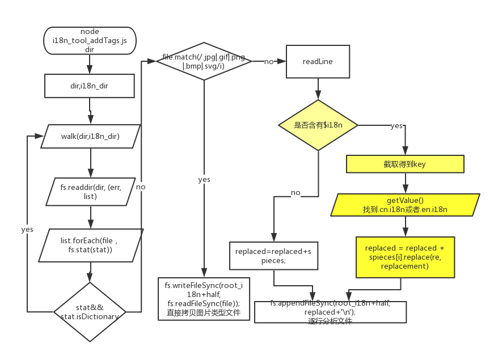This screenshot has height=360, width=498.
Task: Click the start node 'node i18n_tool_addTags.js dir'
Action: click(x=90, y=40)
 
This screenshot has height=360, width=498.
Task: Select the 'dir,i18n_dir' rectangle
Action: click(x=90, y=87)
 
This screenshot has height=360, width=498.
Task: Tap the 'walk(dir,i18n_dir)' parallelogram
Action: click(x=90, y=136)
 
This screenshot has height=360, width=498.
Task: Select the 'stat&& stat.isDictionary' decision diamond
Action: click(x=90, y=312)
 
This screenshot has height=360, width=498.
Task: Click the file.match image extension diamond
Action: click(x=203, y=61)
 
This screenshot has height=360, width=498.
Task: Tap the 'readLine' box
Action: click(x=318, y=61)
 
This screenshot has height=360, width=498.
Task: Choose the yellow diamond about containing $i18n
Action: click(x=318, y=125)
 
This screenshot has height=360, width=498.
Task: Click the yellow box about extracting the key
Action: click(x=405, y=164)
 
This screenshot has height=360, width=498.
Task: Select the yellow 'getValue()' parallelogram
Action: click(x=405, y=205)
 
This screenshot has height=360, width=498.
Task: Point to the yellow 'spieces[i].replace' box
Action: click(x=405, y=257)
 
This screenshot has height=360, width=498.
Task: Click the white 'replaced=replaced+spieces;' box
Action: click(x=275, y=256)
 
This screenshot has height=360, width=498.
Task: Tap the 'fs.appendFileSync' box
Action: click(x=330, y=312)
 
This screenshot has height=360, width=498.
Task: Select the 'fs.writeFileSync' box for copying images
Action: click(x=203, y=299)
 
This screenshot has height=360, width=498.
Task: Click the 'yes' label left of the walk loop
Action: click(x=27, y=229)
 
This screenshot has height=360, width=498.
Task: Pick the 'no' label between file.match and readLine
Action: click(x=269, y=61)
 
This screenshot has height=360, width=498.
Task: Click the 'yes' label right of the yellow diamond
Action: click(x=396, y=125)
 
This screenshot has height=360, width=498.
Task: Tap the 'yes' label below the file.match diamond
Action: click(x=204, y=179)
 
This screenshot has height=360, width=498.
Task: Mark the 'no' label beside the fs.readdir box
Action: click(x=141, y=187)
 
